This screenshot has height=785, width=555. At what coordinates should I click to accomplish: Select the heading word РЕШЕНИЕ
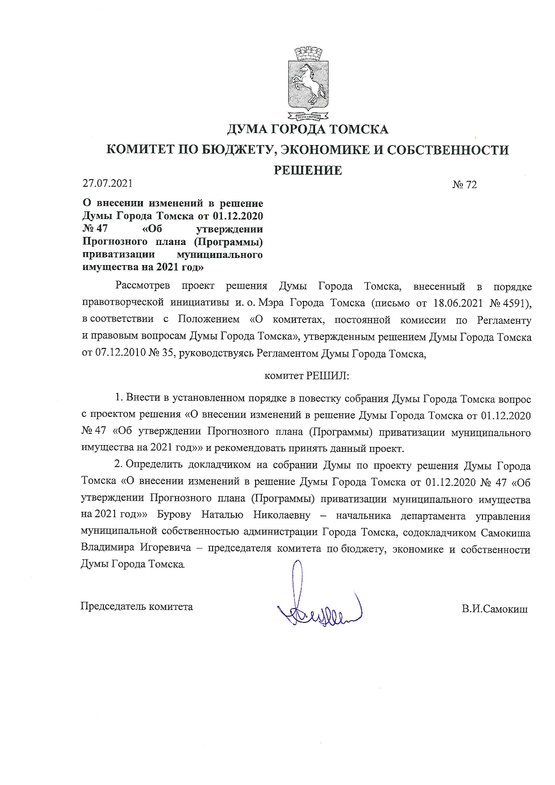coord(308,171)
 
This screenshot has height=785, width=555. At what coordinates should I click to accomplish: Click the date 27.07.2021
coord(107,183)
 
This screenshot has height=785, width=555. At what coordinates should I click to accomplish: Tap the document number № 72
coord(465,184)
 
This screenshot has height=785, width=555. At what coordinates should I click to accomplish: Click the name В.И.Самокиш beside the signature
coord(495,609)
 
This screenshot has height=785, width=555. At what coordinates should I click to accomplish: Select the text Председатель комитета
coord(137,607)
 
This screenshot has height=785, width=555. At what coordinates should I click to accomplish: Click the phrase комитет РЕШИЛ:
coord(307,376)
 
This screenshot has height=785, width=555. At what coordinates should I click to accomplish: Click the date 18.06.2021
coord(458,303)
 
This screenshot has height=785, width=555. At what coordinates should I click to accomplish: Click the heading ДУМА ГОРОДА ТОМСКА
coord(308,130)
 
